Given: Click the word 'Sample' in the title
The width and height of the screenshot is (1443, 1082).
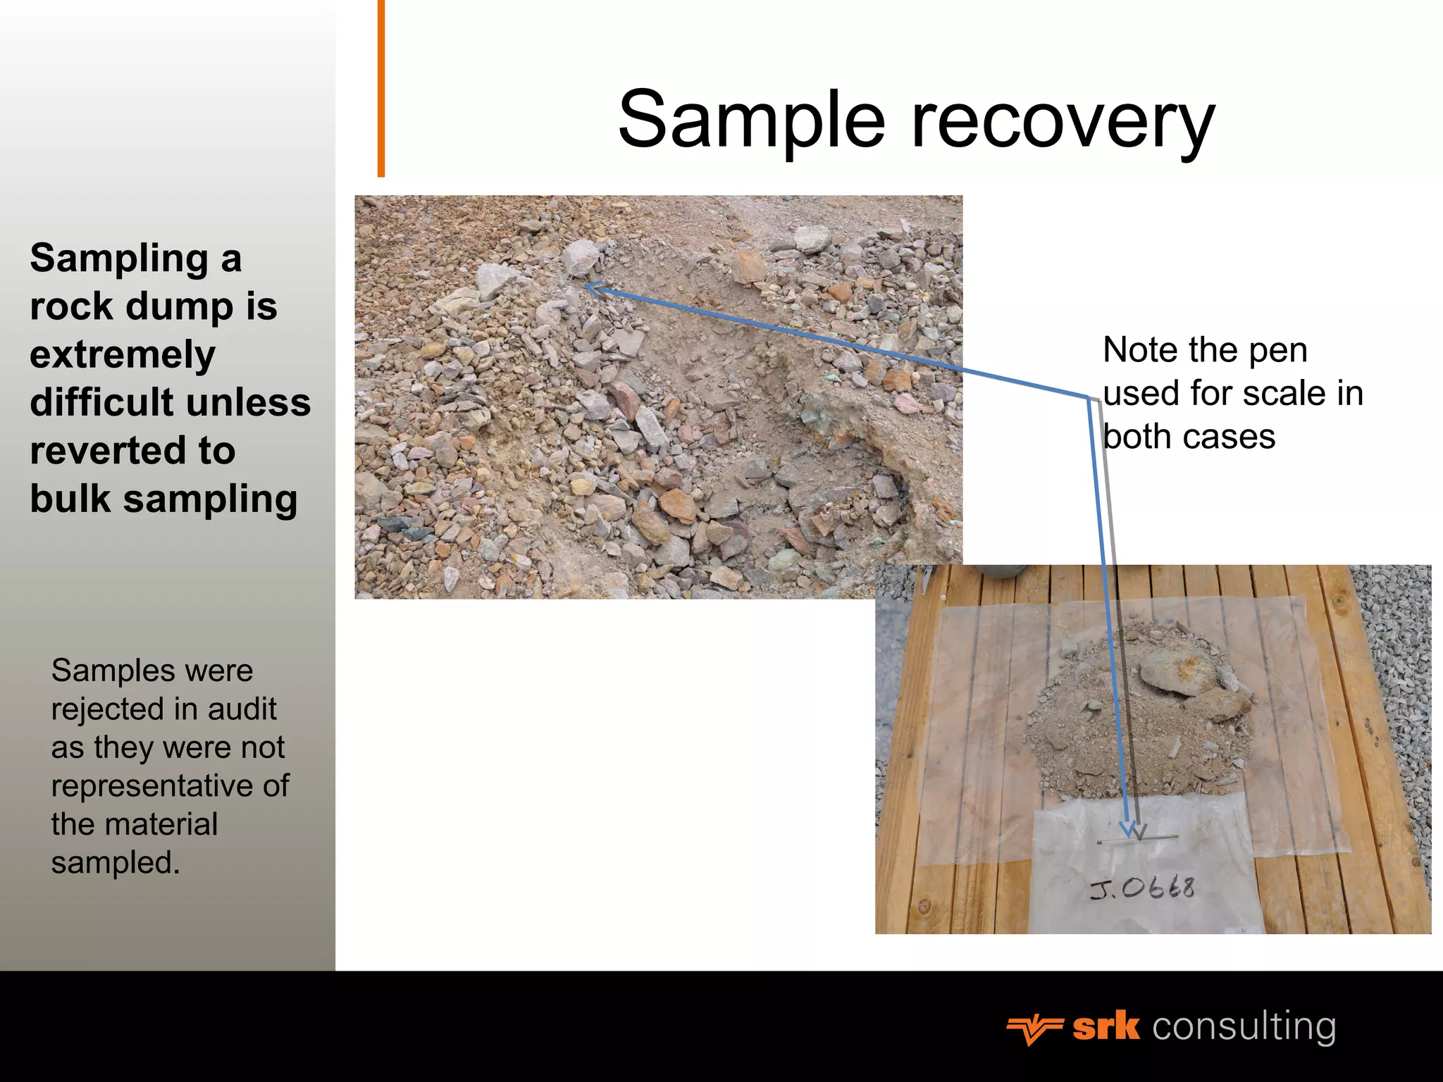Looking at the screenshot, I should point(751,121).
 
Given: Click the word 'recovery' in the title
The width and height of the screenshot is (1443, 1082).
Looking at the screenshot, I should point(1064,121).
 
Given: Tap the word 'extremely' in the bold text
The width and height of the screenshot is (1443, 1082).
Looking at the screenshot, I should point(123,354).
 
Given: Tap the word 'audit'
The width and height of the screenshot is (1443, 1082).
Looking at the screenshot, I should point(242,709).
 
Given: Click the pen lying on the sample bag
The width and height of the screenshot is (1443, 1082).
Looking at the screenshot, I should point(1137,840).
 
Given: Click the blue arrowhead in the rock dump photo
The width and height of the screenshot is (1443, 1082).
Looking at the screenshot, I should point(594,288).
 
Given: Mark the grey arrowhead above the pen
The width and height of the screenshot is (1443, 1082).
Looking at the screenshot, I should point(1139,833).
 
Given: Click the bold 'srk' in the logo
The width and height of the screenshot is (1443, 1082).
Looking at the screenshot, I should point(1106,1027).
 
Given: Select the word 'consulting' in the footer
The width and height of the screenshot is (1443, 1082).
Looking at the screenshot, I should point(1244,1027).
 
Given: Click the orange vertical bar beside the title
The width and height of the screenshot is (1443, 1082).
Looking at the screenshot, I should point(381,88).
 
